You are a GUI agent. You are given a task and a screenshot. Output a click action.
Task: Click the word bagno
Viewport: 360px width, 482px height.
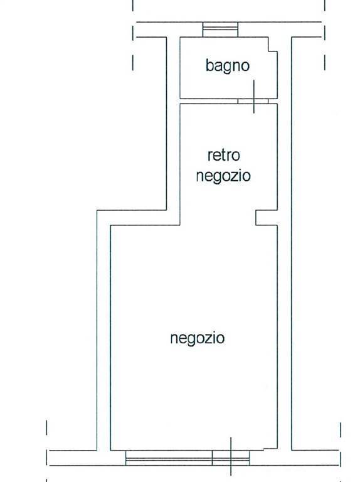click(x=227, y=66)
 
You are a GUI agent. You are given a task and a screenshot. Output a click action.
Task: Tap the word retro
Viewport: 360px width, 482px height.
click(x=224, y=155)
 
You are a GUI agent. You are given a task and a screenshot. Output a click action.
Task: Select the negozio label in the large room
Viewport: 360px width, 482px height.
click(x=198, y=338)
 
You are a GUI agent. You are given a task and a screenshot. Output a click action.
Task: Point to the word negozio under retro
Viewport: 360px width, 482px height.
click(x=223, y=176)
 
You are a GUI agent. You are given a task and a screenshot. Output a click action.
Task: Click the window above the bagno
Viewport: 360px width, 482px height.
click(x=220, y=29)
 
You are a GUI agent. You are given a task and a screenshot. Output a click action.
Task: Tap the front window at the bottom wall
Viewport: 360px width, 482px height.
click(x=188, y=458)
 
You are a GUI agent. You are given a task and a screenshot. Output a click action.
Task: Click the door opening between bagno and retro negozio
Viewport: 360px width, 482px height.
click(x=253, y=101)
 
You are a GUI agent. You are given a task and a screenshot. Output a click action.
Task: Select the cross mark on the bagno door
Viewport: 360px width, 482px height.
click(x=254, y=97)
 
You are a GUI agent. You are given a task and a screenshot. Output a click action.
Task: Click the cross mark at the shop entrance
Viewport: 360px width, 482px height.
click(x=231, y=456)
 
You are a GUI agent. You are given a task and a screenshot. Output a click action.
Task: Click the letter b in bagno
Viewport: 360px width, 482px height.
click(x=209, y=65)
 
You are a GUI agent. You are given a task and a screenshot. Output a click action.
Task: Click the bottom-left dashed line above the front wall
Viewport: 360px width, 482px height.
click(x=46, y=427)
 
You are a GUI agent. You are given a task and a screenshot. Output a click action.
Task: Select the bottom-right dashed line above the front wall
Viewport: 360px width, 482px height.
click(x=341, y=429)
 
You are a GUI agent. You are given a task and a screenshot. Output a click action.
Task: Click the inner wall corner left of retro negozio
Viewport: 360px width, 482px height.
click(x=180, y=225)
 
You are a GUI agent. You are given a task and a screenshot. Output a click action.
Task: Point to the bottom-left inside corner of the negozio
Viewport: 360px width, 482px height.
click(x=110, y=451)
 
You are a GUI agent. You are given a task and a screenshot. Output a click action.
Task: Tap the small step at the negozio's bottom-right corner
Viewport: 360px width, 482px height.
click(x=270, y=449)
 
